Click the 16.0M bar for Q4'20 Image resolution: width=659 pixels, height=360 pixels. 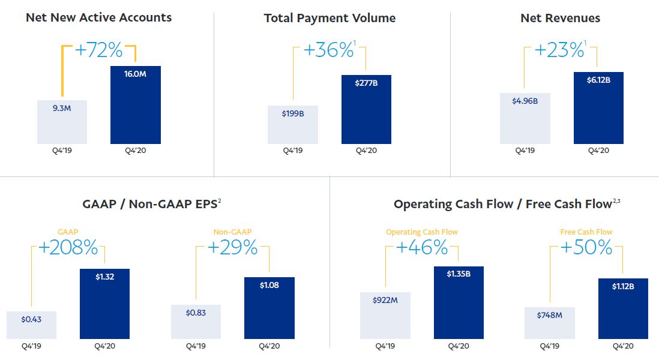tap(135, 105)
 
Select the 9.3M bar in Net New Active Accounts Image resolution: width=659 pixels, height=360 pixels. tap(62, 122)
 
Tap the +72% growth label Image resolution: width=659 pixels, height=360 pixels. tap(99, 50)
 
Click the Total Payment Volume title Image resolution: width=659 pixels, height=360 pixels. tap(330, 18)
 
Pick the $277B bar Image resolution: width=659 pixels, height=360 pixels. tap(367, 110)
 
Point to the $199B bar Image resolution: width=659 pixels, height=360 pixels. tap(293, 125)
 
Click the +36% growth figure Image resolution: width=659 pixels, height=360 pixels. tap(329, 50)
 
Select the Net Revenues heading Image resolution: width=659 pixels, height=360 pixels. tap(560, 18)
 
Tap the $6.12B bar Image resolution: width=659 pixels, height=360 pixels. tap(598, 108)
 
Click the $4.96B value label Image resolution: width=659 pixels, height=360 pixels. tap(525, 101)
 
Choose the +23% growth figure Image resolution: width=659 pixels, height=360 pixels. tap(559, 50)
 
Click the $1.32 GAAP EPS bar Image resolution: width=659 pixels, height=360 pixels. tap(104, 304)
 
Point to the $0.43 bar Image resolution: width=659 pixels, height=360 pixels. tap(32, 325)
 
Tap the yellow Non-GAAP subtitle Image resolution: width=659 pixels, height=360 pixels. tap(232, 232)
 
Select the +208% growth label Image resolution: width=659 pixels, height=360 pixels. tap(68, 247)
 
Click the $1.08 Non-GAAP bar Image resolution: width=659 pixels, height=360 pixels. tap(269, 308)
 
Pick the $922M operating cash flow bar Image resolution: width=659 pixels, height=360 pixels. tap(385, 316)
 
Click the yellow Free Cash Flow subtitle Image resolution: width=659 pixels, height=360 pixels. tap(586, 232)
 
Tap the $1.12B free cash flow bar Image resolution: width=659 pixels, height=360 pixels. tap(623, 308)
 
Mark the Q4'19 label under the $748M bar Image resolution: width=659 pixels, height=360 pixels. tap(550, 346)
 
